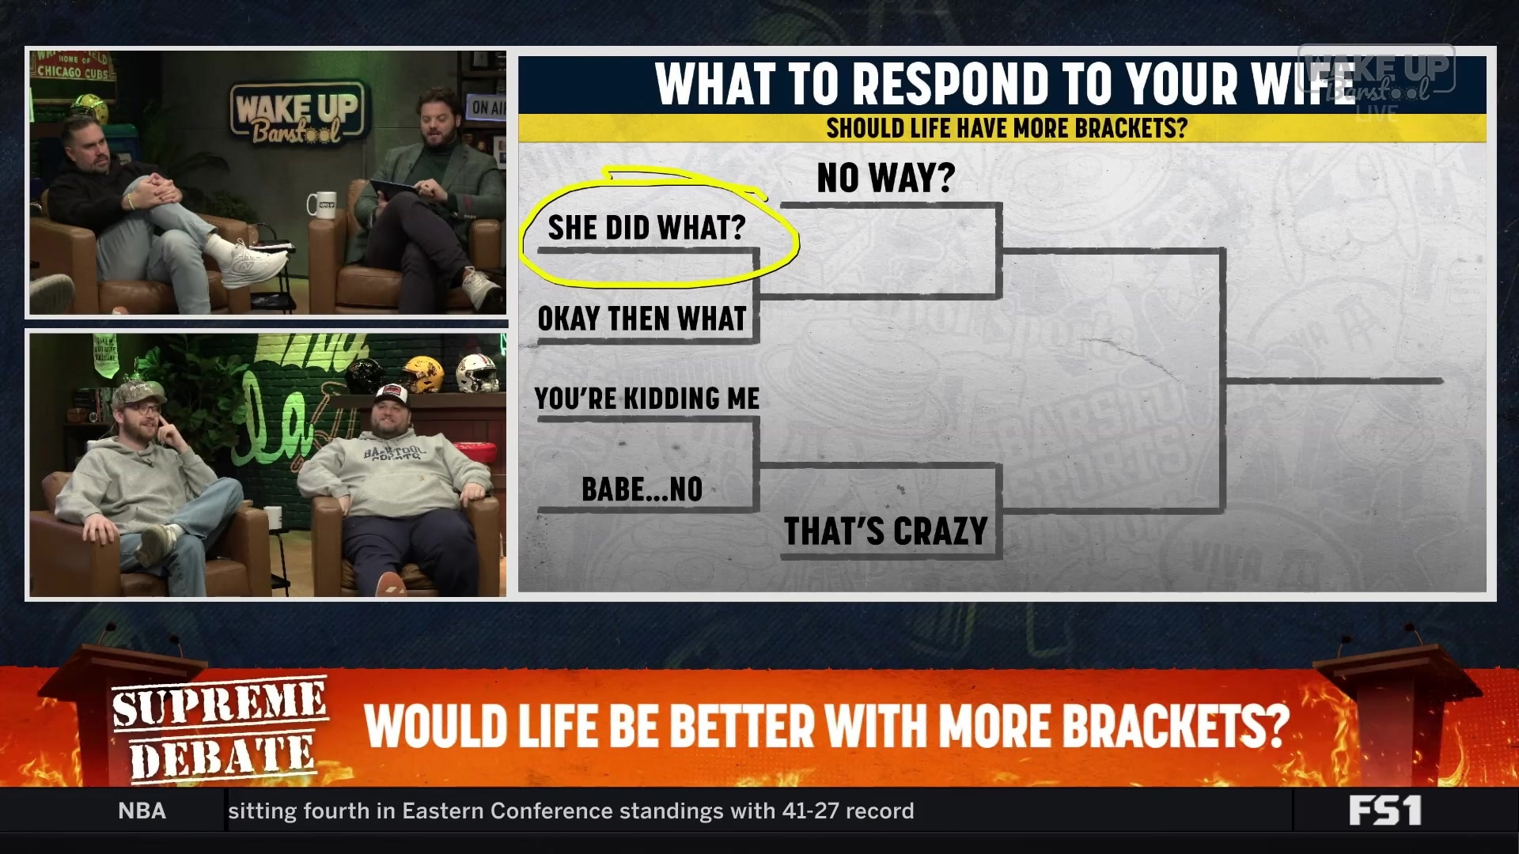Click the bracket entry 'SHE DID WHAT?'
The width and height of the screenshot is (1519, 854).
click(646, 228)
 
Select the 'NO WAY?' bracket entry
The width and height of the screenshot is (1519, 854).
click(885, 178)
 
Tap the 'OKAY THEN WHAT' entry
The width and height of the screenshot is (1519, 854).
click(642, 319)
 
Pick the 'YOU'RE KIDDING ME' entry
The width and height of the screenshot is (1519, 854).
click(646, 399)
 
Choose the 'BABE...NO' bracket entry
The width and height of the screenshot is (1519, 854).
click(642, 489)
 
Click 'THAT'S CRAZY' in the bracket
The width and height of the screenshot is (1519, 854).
click(885, 531)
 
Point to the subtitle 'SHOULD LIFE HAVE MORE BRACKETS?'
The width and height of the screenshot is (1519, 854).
click(1006, 128)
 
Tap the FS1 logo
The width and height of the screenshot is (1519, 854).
click(1385, 811)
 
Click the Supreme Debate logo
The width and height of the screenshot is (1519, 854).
click(219, 729)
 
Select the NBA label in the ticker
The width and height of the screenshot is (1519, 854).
click(142, 811)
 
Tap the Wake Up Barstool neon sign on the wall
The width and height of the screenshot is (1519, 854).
click(298, 115)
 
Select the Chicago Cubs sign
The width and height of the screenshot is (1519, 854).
click(73, 68)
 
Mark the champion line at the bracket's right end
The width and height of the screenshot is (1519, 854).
click(1334, 381)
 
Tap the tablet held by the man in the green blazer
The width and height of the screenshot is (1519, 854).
click(393, 187)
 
